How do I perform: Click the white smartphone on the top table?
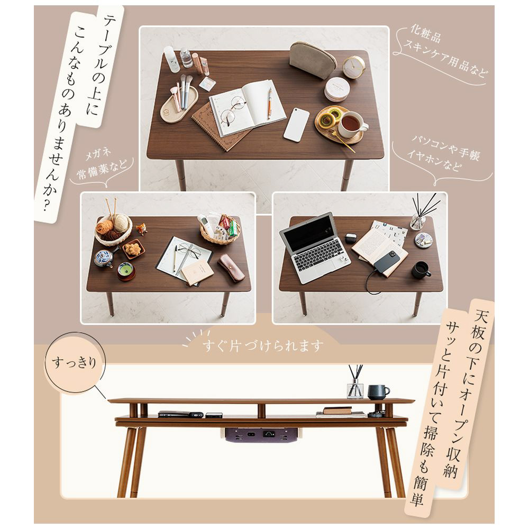(296, 124)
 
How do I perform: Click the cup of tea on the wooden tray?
(352, 124)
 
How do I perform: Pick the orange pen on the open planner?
(270, 103)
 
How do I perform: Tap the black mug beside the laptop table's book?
(421, 270)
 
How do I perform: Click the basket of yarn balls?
(113, 227)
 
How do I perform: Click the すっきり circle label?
(75, 363)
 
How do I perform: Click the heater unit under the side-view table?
(262, 434)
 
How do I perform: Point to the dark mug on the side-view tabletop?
(378, 393)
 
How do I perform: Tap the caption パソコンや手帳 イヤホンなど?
(443, 153)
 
